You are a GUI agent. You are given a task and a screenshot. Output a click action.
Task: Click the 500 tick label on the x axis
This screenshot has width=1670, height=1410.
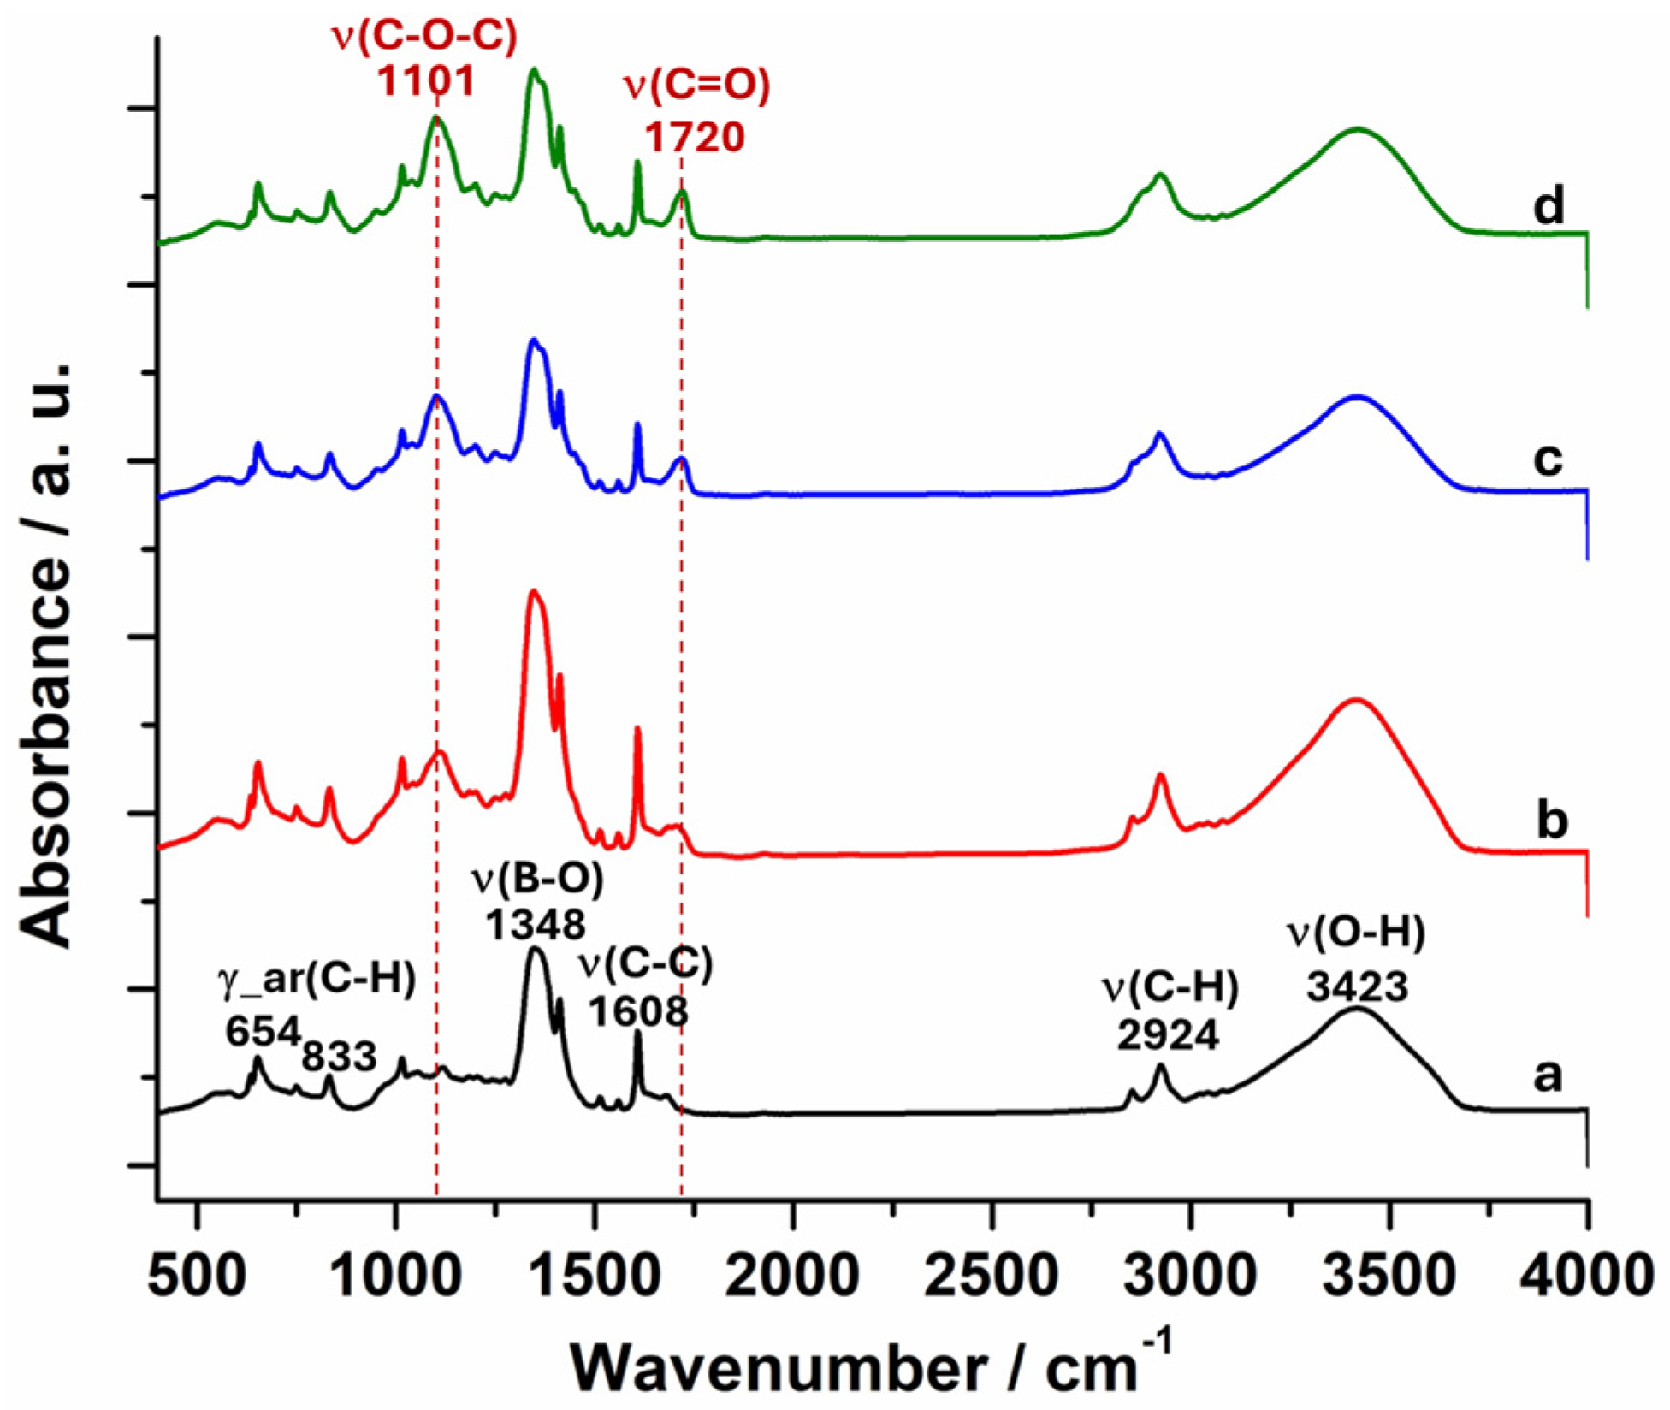(198, 1276)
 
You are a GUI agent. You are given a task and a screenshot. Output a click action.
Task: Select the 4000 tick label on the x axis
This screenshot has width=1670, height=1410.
(1585, 1276)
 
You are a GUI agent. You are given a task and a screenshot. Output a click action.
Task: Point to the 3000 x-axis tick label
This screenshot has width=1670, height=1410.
(1190, 1276)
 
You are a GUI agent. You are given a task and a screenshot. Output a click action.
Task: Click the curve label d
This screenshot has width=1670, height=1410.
(1548, 205)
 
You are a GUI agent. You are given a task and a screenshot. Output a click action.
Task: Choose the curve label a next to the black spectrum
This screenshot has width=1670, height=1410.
(1548, 1075)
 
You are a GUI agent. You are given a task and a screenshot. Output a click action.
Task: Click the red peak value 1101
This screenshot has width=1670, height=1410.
(426, 81)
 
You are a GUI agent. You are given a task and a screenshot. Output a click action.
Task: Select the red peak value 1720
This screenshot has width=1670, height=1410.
(694, 137)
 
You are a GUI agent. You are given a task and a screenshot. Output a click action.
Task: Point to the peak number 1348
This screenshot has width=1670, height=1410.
(536, 924)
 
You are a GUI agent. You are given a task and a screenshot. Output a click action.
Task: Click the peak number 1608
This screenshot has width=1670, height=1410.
(638, 1011)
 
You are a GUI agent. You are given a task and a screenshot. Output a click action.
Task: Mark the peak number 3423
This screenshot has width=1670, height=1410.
(1357, 987)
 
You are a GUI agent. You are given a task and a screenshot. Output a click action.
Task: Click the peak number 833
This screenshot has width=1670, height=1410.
(339, 1057)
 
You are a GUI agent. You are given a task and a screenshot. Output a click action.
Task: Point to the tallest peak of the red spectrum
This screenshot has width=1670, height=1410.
(534, 591)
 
